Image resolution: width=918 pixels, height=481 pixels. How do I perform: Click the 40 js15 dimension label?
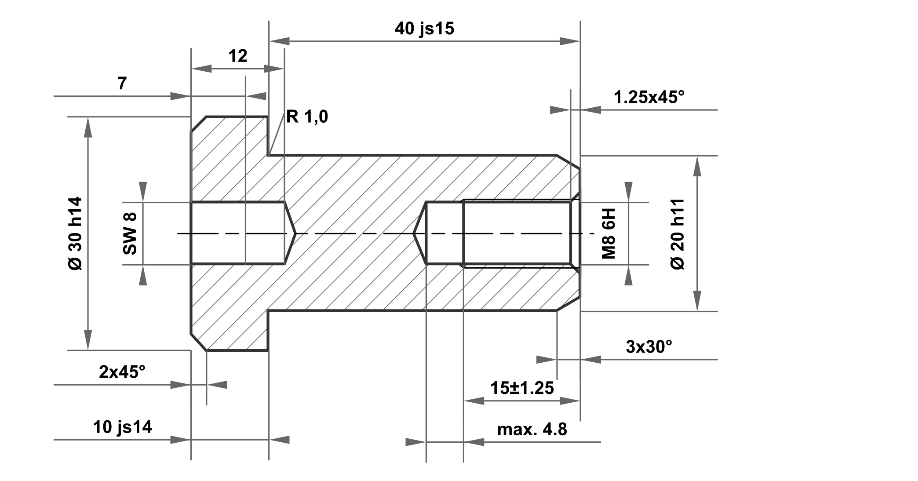(424, 29)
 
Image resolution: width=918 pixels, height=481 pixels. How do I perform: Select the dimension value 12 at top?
(238, 56)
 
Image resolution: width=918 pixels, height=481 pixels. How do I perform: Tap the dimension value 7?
(122, 84)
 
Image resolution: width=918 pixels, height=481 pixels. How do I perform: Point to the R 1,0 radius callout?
(307, 117)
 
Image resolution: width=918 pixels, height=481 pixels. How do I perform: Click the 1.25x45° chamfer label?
(649, 98)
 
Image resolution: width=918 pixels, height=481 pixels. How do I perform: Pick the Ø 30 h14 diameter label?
(76, 233)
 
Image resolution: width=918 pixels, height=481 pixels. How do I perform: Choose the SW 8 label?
(130, 233)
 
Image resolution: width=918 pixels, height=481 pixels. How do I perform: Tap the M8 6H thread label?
(608, 233)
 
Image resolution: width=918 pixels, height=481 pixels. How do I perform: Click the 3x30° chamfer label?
(649, 347)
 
